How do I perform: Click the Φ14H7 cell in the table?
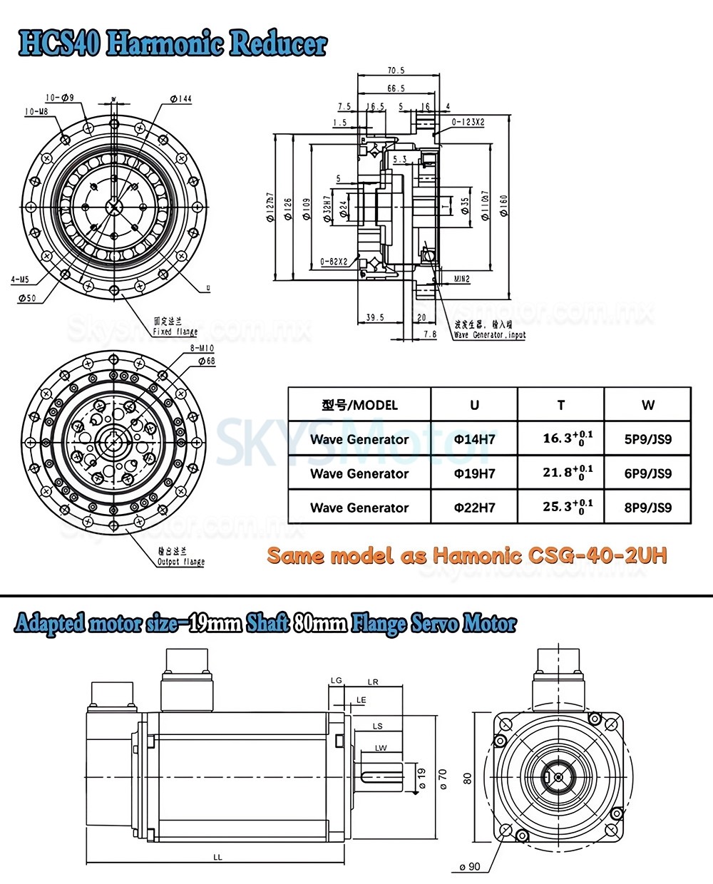pos(474,439)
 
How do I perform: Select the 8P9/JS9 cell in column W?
pos(647,508)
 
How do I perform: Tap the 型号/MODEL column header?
pos(359,405)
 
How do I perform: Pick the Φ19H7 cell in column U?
pos(474,473)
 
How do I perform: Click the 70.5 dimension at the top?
pos(396,71)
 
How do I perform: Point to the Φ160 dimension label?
pos(504,206)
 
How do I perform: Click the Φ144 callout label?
pos(181,98)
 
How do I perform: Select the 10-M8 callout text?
pos(36,112)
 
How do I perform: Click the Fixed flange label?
pos(175,331)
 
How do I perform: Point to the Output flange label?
pos(180,561)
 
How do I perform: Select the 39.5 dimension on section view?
pos(374,317)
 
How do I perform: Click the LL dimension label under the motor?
pos(217,857)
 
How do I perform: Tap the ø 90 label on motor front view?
pos(469,867)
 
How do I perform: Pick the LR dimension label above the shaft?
pos(373,682)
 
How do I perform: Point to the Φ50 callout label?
pos(26,298)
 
